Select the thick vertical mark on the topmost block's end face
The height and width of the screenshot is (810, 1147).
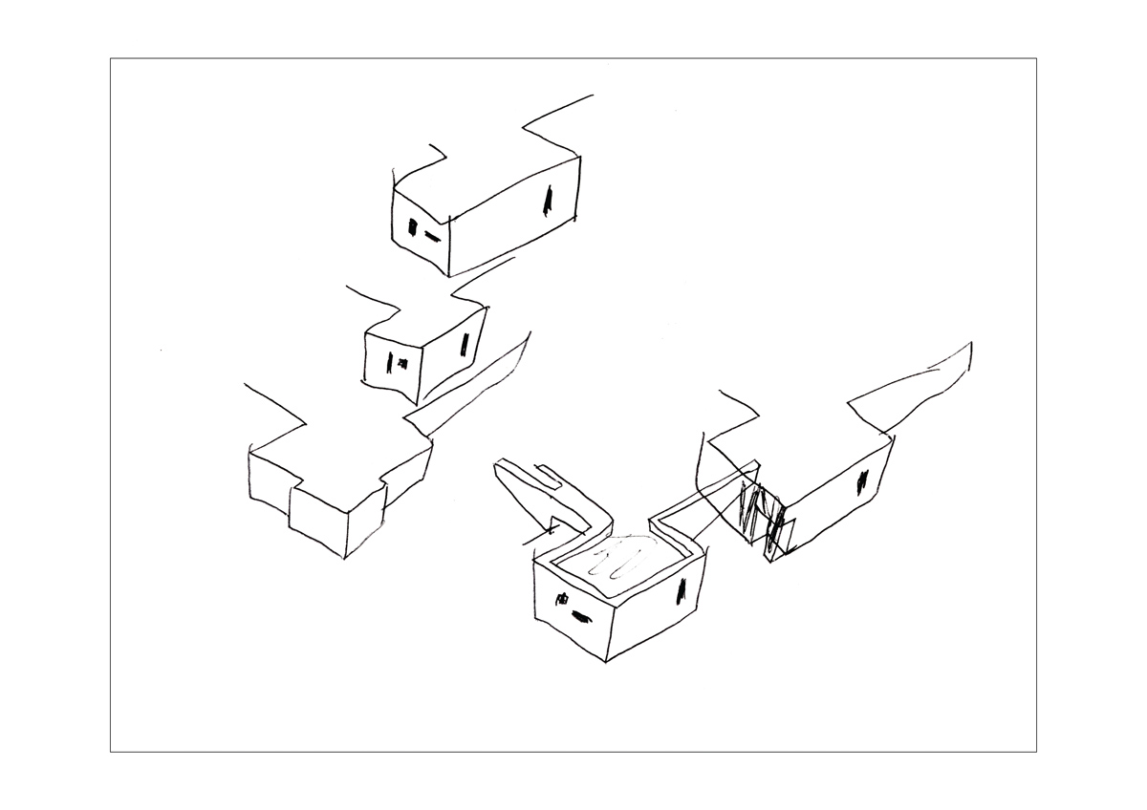413,228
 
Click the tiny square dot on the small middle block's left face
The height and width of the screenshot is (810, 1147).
402,362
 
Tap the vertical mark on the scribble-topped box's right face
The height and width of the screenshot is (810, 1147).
681,591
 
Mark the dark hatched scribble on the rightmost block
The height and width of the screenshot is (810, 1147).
763,516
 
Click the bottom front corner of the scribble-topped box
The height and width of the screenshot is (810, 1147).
605,661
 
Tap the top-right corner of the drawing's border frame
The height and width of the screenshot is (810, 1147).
1036,59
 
